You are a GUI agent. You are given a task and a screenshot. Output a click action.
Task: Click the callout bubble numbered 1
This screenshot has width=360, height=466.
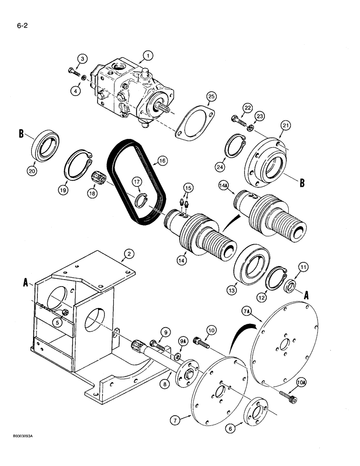tap(148, 56)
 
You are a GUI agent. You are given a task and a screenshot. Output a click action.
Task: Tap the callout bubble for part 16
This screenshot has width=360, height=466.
tap(162, 160)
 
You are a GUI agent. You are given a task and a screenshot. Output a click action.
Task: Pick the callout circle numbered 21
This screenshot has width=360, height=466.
tap(285, 125)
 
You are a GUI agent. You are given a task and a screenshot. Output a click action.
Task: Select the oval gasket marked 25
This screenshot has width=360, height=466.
tap(193, 123)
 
